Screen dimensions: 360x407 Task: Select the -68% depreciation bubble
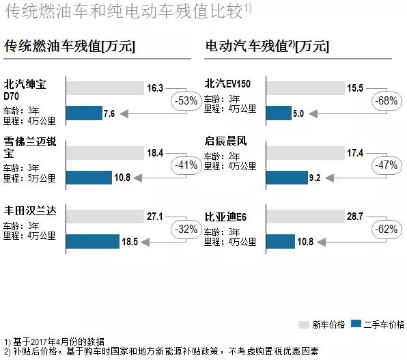pos(385,100)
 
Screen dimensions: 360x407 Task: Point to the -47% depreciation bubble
pos(385,165)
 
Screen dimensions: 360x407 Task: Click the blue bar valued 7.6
pos(83,113)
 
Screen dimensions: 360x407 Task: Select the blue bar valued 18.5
pos(92,242)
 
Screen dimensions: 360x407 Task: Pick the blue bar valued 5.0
pos(278,113)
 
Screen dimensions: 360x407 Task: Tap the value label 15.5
pos(354,87)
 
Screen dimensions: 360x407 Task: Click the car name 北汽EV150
pos(228,84)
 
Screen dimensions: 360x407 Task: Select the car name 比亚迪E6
pos(225,217)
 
